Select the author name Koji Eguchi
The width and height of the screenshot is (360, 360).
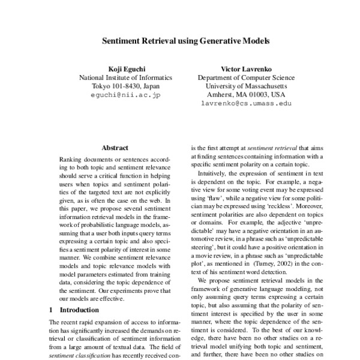click(126, 68)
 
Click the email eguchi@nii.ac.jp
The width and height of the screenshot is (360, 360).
click(126, 95)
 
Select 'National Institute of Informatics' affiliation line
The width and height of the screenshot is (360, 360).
click(126, 77)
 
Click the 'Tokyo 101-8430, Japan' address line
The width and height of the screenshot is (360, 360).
click(126, 86)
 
